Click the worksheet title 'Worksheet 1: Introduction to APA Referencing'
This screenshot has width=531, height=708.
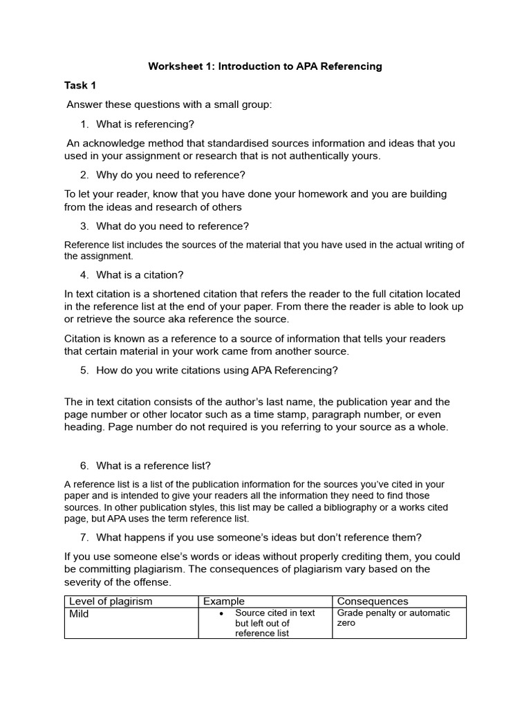[x=265, y=66]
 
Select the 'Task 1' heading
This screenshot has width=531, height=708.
[x=80, y=85]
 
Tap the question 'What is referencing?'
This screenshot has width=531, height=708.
[x=145, y=124]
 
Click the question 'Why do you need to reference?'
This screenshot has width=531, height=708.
[x=171, y=175]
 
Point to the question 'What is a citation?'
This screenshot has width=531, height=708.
[x=140, y=274]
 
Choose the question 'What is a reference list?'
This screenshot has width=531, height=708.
[x=153, y=465]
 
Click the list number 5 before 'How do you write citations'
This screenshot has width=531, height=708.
[x=84, y=370]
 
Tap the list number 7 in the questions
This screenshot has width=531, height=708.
[x=84, y=538]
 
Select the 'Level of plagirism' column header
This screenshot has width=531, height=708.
[x=111, y=602]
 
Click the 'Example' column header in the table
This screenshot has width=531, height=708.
[x=223, y=602]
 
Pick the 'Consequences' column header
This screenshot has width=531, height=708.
[x=373, y=602]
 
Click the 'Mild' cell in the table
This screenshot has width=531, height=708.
[x=80, y=614]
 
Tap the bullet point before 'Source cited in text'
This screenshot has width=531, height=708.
[x=219, y=613]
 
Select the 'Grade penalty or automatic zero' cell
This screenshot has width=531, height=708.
[x=393, y=617]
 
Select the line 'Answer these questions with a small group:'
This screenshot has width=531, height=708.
[x=169, y=104]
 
